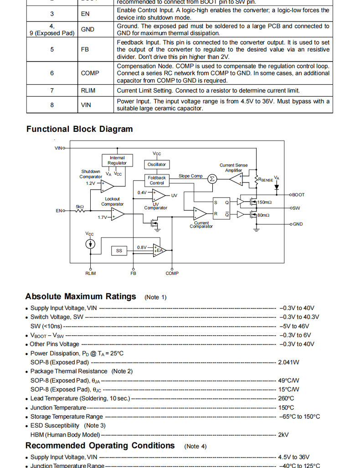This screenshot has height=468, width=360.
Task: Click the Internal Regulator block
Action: (x=117, y=160)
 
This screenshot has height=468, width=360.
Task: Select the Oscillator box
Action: (x=157, y=164)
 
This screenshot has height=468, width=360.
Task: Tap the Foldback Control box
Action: (x=157, y=180)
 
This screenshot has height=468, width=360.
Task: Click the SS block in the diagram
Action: (x=119, y=250)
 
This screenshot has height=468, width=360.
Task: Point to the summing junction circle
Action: (x=212, y=179)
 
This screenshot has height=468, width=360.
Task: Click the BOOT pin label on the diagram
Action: (x=298, y=195)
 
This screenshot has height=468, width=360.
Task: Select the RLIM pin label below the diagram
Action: (x=91, y=273)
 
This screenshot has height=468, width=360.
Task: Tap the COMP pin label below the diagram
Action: (x=172, y=273)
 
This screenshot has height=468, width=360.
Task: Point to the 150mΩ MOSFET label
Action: (x=264, y=202)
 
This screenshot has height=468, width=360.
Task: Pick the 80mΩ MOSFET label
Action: (x=263, y=215)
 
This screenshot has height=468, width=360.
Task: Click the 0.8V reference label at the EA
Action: (x=142, y=247)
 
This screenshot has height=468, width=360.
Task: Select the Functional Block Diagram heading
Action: (x=79, y=129)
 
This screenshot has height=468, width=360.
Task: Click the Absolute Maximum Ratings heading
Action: (x=81, y=296)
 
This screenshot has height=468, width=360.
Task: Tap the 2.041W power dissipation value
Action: (x=288, y=362)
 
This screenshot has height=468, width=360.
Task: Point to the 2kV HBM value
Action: (x=283, y=435)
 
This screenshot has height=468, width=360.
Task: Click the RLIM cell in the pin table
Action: (x=88, y=90)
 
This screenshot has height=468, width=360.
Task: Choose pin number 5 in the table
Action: (x=51, y=49)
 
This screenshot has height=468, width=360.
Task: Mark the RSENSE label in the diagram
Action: (x=266, y=180)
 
